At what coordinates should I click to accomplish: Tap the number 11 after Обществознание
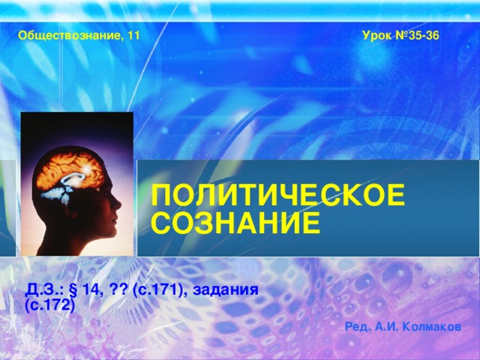pos(134,35)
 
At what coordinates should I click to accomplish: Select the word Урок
pos(376,36)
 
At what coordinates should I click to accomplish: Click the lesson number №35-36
pos(417,35)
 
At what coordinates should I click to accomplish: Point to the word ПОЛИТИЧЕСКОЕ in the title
pos(278,195)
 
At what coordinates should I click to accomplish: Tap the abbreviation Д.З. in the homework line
pos(46,289)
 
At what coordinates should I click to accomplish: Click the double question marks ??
pos(117,289)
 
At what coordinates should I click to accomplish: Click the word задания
pos(225,290)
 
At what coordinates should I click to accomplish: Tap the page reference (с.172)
pos(50,305)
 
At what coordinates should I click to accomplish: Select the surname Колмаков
pos(432,327)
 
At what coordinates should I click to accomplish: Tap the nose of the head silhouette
pos(118,205)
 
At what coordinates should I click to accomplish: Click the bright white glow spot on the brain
pos(87,168)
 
